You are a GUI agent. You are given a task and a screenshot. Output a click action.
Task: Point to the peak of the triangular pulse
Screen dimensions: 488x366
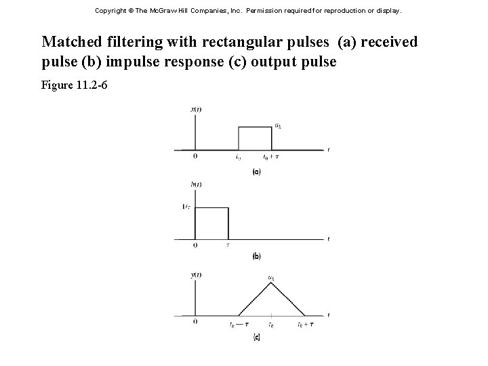(x=270, y=283)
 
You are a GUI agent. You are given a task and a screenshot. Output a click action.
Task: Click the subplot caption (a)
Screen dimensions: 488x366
(x=256, y=172)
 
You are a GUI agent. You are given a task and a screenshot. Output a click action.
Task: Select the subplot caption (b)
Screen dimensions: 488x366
(x=256, y=256)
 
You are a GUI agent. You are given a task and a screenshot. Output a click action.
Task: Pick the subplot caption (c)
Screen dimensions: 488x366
(x=256, y=337)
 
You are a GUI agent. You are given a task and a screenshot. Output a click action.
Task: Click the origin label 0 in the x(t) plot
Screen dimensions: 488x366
(x=195, y=157)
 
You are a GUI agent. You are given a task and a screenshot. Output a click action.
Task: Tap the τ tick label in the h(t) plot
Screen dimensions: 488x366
(x=228, y=245)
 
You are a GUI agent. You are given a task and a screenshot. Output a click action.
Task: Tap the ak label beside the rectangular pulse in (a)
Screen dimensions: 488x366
(x=278, y=125)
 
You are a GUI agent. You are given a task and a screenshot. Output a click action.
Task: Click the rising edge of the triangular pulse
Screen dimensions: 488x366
(x=254, y=300)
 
